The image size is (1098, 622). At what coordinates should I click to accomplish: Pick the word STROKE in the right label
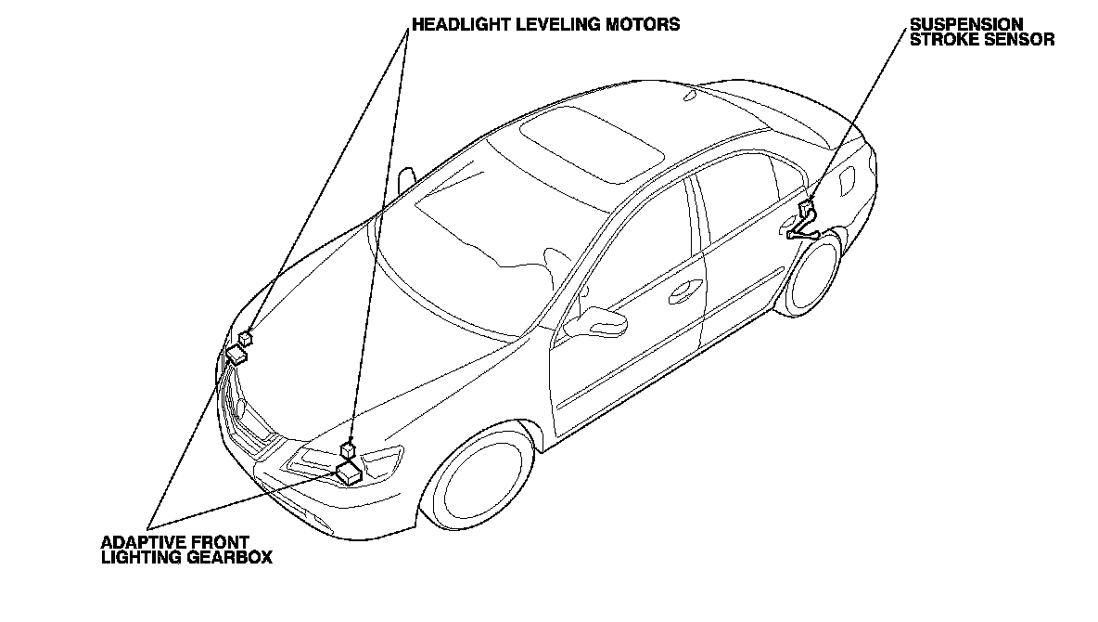click(x=947, y=39)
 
